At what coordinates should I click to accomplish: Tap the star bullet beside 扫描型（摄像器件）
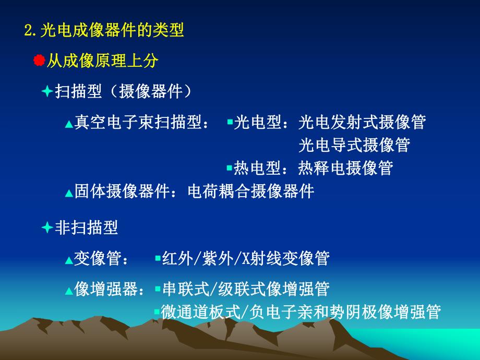(47, 91)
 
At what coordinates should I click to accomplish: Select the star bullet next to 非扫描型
(47, 227)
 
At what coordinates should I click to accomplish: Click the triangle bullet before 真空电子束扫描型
(69, 124)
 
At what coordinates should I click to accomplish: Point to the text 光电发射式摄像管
(362, 122)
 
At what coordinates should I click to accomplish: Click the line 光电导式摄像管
(354, 145)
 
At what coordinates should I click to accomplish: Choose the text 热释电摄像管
(345, 168)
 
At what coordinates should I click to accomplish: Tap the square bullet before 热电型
(230, 168)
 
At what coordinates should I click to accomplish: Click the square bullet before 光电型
(230, 122)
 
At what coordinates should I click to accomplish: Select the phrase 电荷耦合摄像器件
(251, 191)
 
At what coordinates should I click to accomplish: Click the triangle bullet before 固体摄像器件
(69, 193)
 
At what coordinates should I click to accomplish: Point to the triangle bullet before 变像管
(69, 260)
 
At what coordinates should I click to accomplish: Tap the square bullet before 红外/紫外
(158, 258)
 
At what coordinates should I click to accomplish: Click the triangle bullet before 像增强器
(69, 291)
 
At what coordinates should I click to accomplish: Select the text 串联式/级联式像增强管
(246, 289)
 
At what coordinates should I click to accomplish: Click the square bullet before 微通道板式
(157, 311)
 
